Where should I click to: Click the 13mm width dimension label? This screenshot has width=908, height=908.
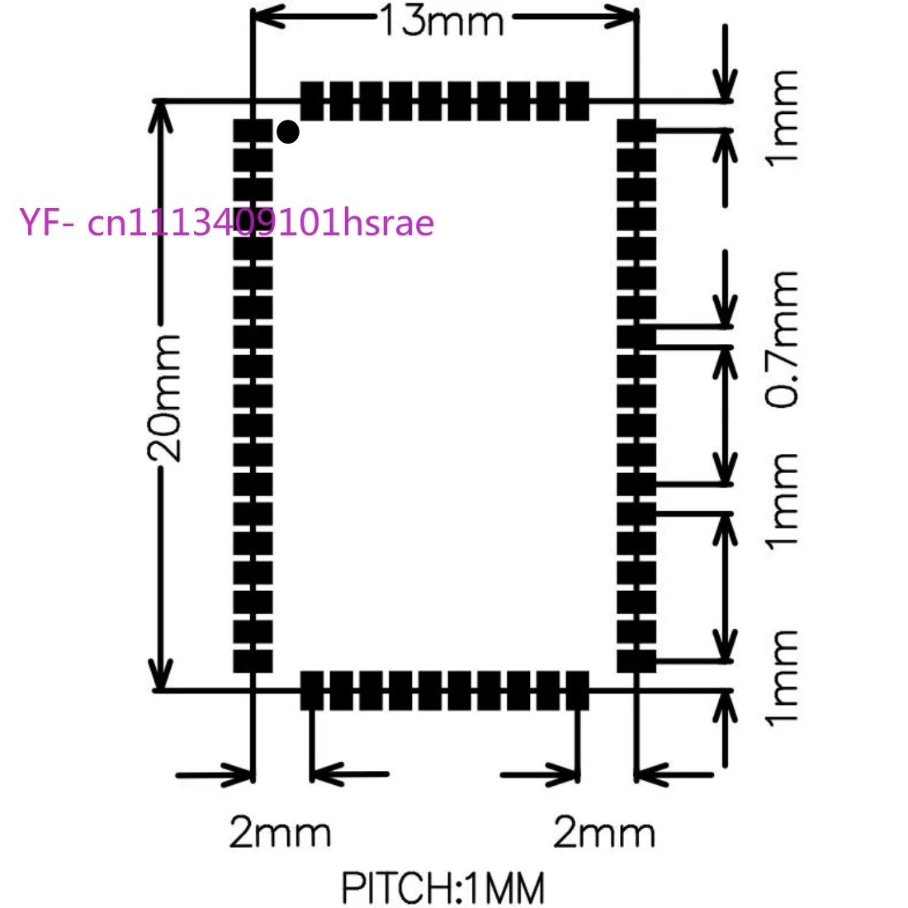coord(442,21)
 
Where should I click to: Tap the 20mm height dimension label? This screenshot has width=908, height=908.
coord(164,398)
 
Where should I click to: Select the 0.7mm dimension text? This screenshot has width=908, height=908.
coord(782,339)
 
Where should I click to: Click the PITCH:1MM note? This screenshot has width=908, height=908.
coord(443,887)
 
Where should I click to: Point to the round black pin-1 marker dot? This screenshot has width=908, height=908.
coord(288,132)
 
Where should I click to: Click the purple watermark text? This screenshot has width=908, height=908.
coord(226,222)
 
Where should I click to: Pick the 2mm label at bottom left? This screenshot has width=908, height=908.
coord(281,832)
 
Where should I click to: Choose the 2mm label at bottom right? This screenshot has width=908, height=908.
coord(604,832)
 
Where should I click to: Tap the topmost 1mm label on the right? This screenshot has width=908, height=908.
coord(782,119)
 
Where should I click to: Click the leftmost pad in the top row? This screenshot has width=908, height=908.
coord(312,102)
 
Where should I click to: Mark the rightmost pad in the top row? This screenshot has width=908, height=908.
coord(577,102)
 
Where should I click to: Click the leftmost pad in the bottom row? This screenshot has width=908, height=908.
coord(312,691)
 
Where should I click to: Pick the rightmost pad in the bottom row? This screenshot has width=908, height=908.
coord(577,691)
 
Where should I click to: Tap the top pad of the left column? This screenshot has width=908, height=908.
coord(253,131)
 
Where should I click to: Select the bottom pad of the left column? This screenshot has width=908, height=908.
coord(253,661)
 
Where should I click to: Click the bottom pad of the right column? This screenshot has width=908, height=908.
coord(636,661)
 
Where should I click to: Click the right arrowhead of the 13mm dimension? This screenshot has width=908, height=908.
coord(620,17)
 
